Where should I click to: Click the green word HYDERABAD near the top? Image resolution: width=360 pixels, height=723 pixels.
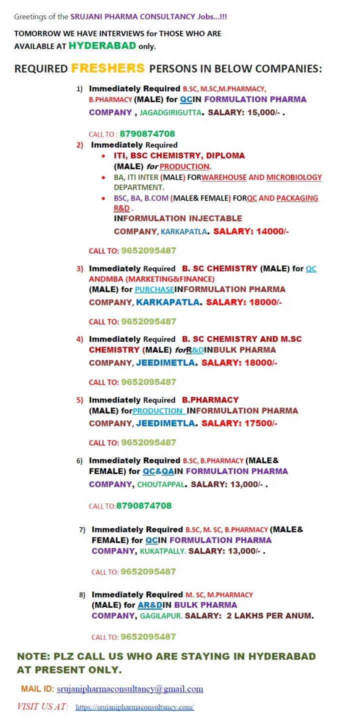coord(102,46)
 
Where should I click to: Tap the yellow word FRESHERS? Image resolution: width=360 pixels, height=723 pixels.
coord(108,68)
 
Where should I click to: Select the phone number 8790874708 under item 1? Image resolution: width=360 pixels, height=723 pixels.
coord(147,134)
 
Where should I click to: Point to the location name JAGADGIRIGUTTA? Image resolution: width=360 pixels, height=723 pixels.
coord(170,112)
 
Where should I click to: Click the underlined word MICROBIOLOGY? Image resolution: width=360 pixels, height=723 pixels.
coord(294,177)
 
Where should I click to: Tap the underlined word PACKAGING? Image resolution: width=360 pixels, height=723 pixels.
coord(297,198)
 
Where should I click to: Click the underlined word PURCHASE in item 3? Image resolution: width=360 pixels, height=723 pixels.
coord(154,289)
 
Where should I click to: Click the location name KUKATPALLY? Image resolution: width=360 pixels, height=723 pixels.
coord(162,551)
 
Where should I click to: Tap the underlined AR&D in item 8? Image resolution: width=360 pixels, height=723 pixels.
coord(150,605)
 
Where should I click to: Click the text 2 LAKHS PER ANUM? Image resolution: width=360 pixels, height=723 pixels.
coord(269,616)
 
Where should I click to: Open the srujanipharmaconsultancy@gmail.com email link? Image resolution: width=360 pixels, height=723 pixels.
coord(130,689)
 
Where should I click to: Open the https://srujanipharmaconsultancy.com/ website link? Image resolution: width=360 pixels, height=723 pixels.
coord(134,707)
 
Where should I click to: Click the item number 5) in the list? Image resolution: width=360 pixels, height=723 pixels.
coord(79,400)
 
